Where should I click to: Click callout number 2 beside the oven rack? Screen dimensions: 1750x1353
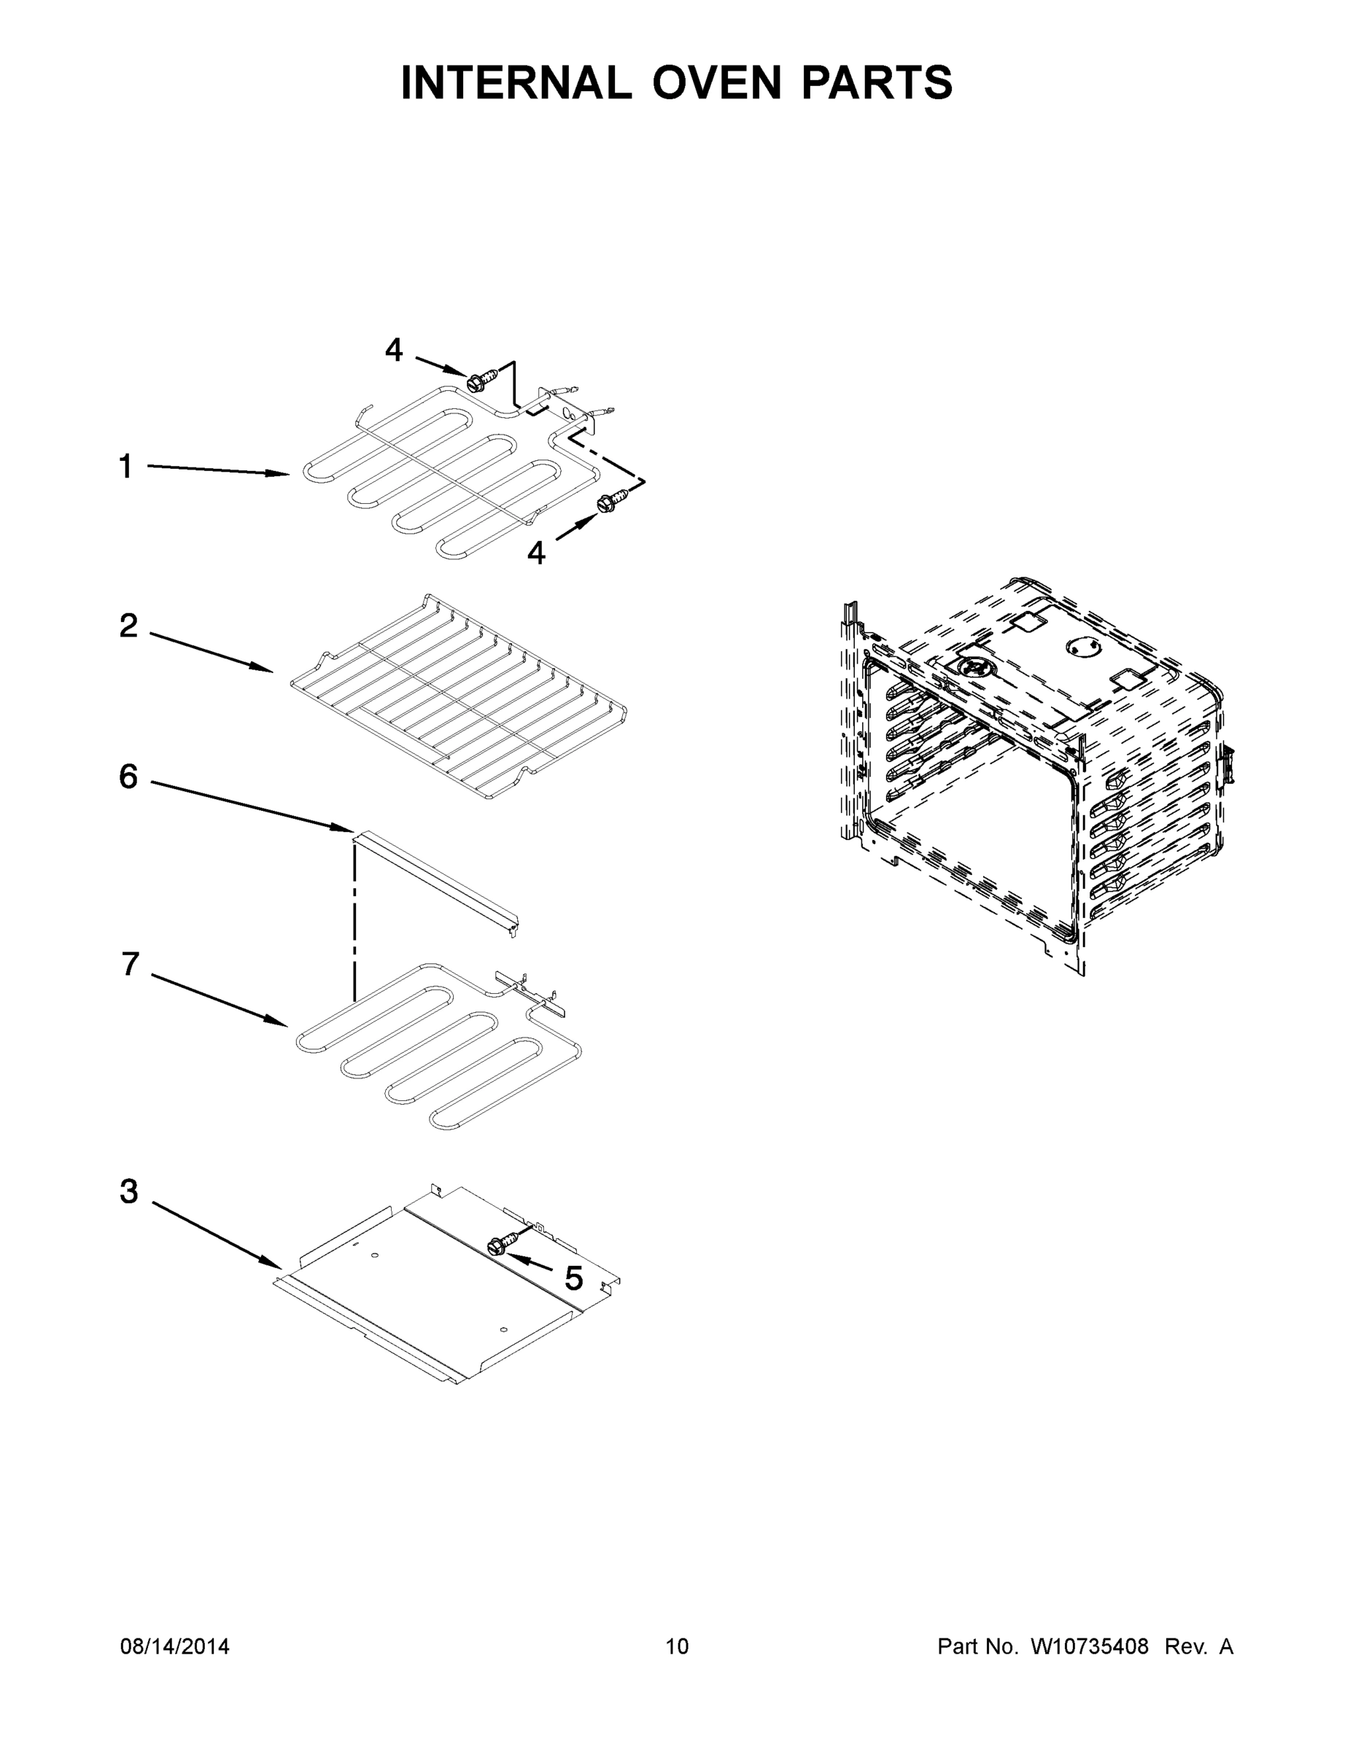[x=128, y=626]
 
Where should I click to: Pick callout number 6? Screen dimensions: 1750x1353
[x=128, y=777]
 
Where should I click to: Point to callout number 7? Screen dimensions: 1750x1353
[x=131, y=964]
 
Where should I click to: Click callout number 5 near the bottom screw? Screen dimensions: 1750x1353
[x=574, y=1279]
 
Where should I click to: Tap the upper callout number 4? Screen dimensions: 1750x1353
[x=394, y=349]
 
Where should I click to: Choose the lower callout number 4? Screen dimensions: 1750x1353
[x=536, y=552]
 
